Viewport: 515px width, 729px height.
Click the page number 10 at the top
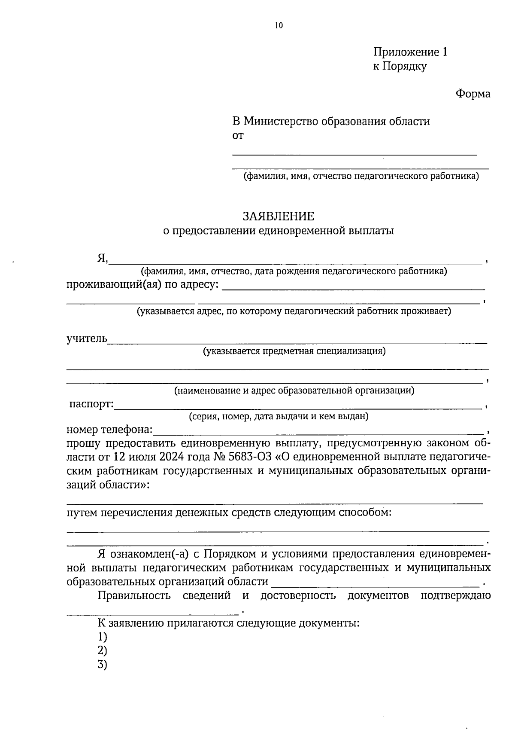(x=279, y=26)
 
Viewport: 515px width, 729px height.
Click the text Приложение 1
(x=410, y=52)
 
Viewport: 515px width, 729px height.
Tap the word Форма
(x=473, y=94)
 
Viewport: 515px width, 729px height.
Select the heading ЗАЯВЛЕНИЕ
(x=278, y=216)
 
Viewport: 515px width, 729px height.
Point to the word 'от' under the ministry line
(x=238, y=136)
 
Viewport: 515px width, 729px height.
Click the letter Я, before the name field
(x=102, y=259)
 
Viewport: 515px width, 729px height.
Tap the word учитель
(x=87, y=339)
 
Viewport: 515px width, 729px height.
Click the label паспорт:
(x=91, y=405)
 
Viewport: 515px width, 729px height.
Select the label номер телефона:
(x=109, y=430)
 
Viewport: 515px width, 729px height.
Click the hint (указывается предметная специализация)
(x=294, y=351)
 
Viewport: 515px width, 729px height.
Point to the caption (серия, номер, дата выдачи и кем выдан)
(x=279, y=416)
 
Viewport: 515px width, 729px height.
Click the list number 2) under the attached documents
(x=102, y=651)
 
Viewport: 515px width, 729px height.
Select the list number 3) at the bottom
(x=102, y=665)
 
